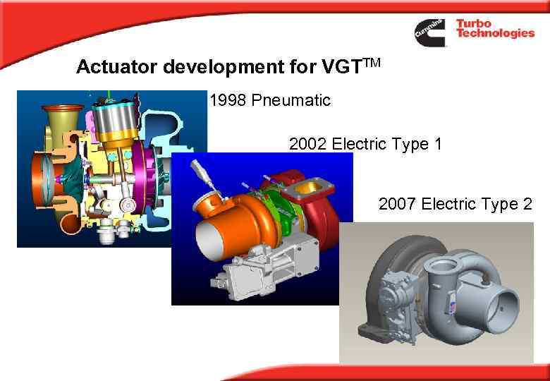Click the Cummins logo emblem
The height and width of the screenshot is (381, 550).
coord(429,32)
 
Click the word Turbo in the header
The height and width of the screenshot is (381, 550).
coord(473,24)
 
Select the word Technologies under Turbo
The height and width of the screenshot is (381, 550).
coord(494,35)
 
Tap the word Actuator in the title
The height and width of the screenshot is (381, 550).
coord(116,67)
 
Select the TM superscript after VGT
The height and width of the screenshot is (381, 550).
coord(373,62)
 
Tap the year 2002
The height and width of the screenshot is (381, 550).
coord(308,145)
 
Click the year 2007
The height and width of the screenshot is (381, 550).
coord(398,205)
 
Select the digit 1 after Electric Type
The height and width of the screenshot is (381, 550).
coord(438,145)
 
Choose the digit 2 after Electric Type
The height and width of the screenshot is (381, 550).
coord(527,205)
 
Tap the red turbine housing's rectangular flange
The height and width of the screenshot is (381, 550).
coord(308,187)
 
